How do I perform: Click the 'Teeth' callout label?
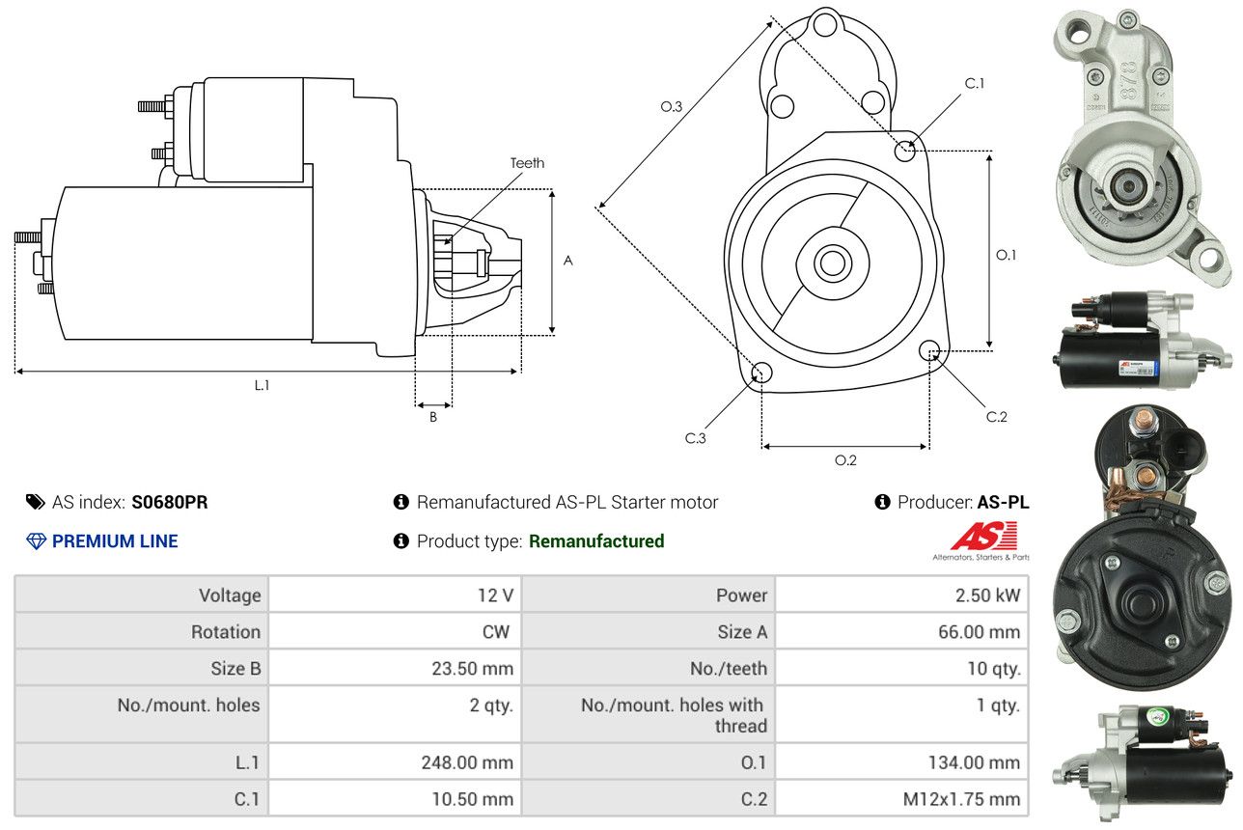point(527,163)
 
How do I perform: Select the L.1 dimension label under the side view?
point(262,385)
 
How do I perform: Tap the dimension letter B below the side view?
point(433,417)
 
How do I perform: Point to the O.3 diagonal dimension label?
point(672,107)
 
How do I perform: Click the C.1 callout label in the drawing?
point(975,83)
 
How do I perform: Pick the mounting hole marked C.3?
point(760,373)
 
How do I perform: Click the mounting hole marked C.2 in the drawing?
point(929,350)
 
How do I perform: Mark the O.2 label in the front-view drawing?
point(845,460)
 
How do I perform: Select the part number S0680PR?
point(170,502)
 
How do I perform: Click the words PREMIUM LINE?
point(115,541)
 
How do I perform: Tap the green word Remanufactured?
point(596,541)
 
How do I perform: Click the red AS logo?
point(983,537)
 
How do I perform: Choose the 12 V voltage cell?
point(495,595)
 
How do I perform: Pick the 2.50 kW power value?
point(987,595)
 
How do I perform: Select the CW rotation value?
point(497,632)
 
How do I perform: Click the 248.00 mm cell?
point(467,762)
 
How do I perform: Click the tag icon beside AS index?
point(36,502)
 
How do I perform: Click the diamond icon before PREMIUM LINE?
point(36,541)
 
